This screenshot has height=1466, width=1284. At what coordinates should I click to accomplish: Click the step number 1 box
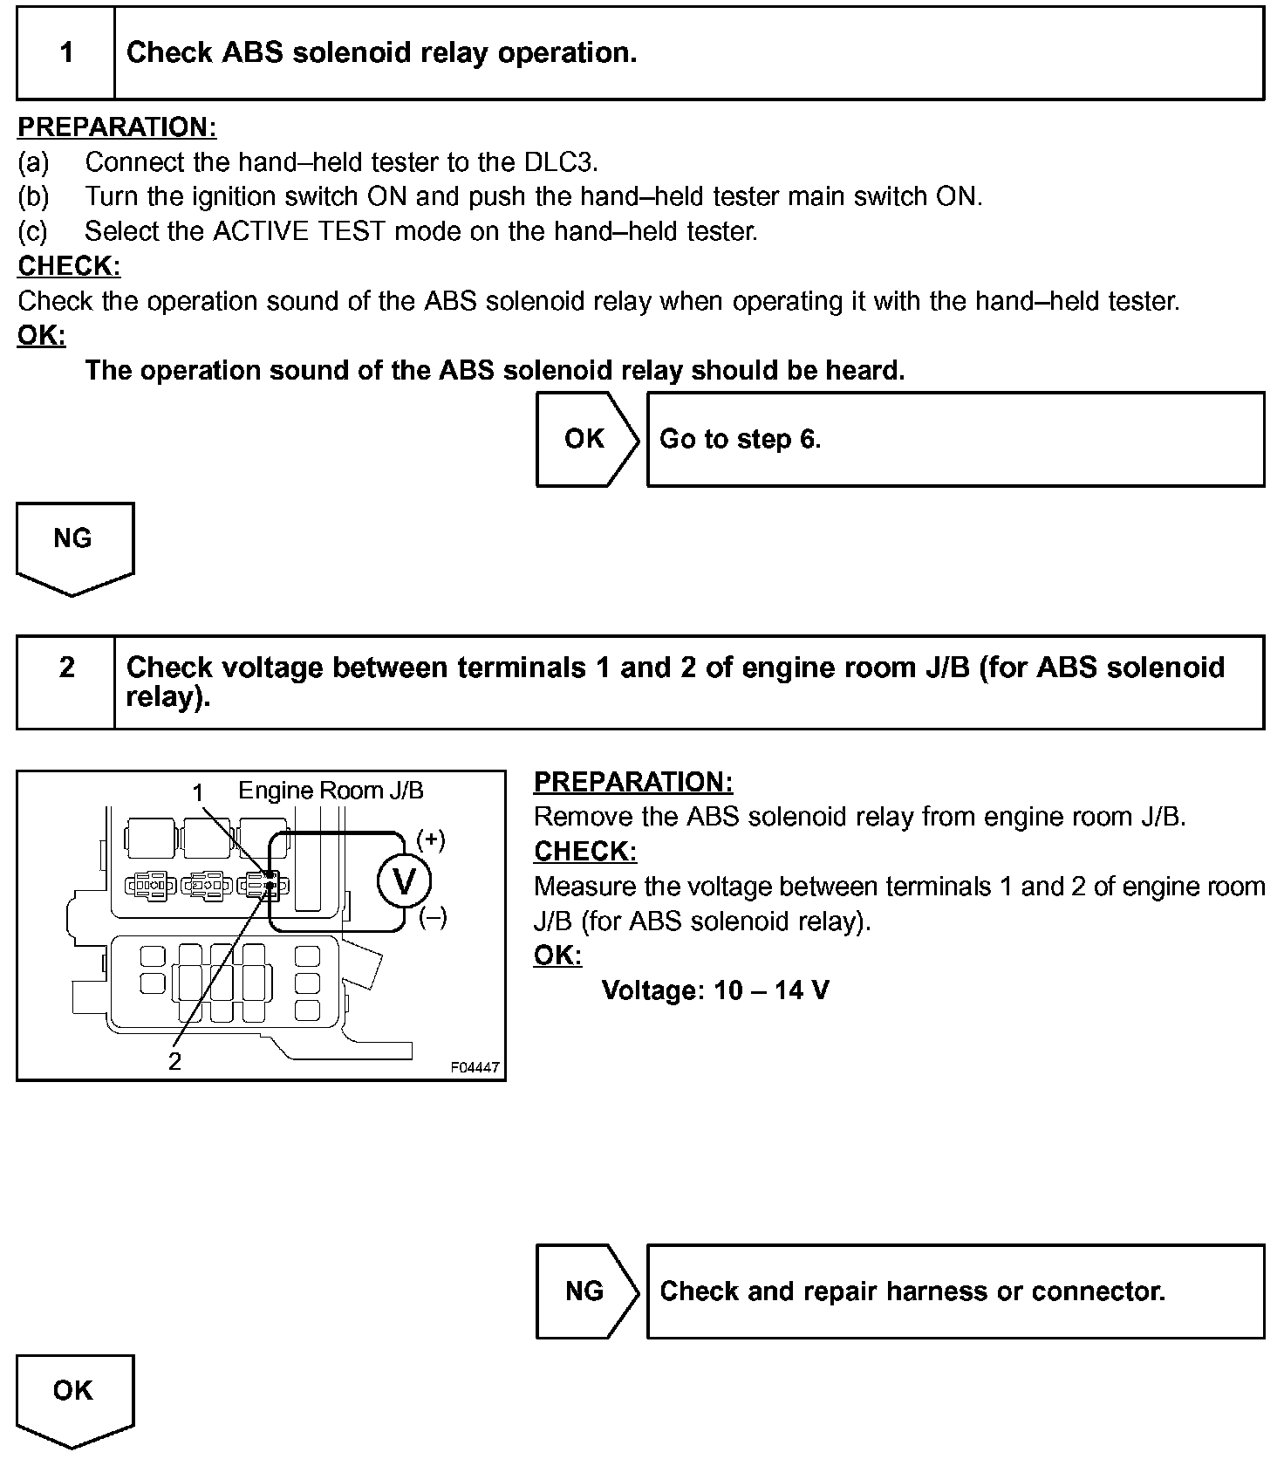click(x=66, y=52)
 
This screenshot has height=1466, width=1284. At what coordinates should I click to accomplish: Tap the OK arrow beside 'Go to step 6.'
click(x=585, y=439)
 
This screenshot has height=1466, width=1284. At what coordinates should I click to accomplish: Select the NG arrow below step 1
click(x=73, y=545)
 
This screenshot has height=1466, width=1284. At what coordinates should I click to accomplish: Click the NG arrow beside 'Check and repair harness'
click(x=585, y=1291)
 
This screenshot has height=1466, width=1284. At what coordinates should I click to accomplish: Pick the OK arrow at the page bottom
click(x=73, y=1396)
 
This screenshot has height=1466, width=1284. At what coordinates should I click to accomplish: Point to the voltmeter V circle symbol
click(x=404, y=882)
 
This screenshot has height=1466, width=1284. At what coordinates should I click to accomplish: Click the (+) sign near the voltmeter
click(x=431, y=839)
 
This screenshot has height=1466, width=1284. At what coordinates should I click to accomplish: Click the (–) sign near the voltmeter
click(x=433, y=918)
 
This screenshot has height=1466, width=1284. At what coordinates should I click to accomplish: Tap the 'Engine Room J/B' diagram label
click(x=331, y=791)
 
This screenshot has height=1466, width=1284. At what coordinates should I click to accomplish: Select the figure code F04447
click(x=475, y=1067)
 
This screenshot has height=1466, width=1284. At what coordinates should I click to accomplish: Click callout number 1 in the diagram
click(x=198, y=792)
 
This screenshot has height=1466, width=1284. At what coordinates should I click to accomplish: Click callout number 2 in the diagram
click(x=175, y=1061)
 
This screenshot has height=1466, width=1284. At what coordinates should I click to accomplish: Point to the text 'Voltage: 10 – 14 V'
click(x=715, y=990)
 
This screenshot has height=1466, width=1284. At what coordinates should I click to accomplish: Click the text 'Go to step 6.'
click(x=740, y=439)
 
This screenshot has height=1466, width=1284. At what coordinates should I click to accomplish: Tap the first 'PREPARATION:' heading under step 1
click(x=117, y=127)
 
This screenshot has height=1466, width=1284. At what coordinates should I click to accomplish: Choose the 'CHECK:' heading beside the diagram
click(x=585, y=852)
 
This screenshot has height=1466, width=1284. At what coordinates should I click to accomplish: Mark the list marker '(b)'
click(x=34, y=197)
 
